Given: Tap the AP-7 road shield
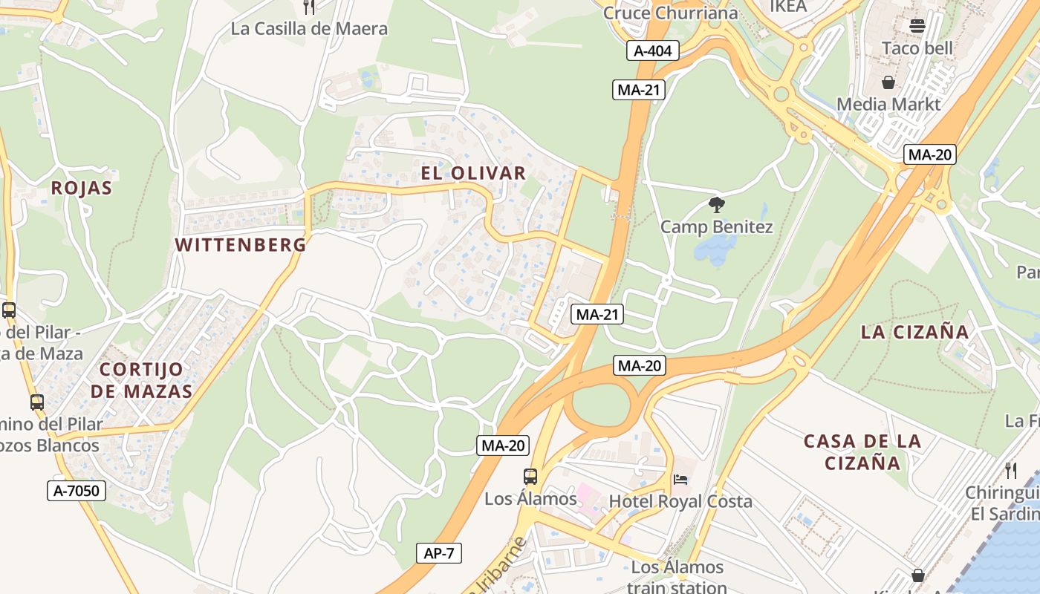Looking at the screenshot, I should point(439,553).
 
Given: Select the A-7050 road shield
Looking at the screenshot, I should point(77,490).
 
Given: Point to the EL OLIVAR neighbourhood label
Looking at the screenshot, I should point(473,174).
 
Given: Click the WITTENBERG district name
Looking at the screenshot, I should point(241,245).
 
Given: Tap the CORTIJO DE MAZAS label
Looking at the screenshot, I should point(146,380).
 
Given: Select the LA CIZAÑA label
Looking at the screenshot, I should point(915,332).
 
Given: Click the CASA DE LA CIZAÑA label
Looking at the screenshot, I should point(862,452).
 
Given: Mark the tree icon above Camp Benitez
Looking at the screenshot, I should point(717,205).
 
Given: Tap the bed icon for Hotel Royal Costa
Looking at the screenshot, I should point(680,479).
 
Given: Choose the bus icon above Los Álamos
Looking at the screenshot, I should point(530,477).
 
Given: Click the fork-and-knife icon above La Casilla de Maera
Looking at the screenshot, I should point(309,7).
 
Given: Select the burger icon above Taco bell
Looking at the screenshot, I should point(917,26).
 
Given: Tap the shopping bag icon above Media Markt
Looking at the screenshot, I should point(888,82).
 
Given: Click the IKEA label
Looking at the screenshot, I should point(787,7).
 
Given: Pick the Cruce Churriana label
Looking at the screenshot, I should point(670,13).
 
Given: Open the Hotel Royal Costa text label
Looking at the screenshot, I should point(680,502).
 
